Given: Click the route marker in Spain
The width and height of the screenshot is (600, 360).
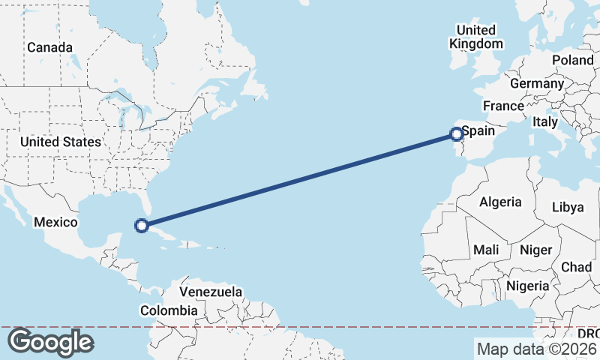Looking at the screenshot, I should tap(456, 134).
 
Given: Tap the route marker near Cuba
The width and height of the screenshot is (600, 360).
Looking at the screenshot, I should tap(140, 224).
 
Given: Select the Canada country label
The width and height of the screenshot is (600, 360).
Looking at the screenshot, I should tap(49, 47).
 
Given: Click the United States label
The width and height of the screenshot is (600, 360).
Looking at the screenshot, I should tap(60, 142).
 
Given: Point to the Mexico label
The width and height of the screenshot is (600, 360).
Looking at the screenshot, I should tap(55, 222).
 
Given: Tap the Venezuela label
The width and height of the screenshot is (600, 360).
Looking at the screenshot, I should tap(211, 291).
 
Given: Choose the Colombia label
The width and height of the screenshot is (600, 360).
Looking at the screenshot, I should tap(170, 310).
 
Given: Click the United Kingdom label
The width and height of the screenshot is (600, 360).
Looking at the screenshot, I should tap(476, 37).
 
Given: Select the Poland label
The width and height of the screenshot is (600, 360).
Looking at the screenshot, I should tap(572, 60).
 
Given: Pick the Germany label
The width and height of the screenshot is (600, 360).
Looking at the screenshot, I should tap(536, 83).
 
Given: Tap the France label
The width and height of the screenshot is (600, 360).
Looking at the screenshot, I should tap(502, 106).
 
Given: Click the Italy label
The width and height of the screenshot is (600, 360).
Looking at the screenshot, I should tap(544, 121).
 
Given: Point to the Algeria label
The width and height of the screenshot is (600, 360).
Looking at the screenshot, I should tap(500, 202).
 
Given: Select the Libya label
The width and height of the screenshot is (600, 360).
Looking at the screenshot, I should tap(567, 207).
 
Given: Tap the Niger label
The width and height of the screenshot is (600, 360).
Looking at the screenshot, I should tap(535, 250).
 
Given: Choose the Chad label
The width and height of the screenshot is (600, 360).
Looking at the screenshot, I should tap(576, 267).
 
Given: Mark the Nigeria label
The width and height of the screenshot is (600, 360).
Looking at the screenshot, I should tap(528, 286).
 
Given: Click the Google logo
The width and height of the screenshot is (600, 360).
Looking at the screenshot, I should tap(50, 342).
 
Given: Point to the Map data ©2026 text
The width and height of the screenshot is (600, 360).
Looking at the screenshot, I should tap(535, 348).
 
